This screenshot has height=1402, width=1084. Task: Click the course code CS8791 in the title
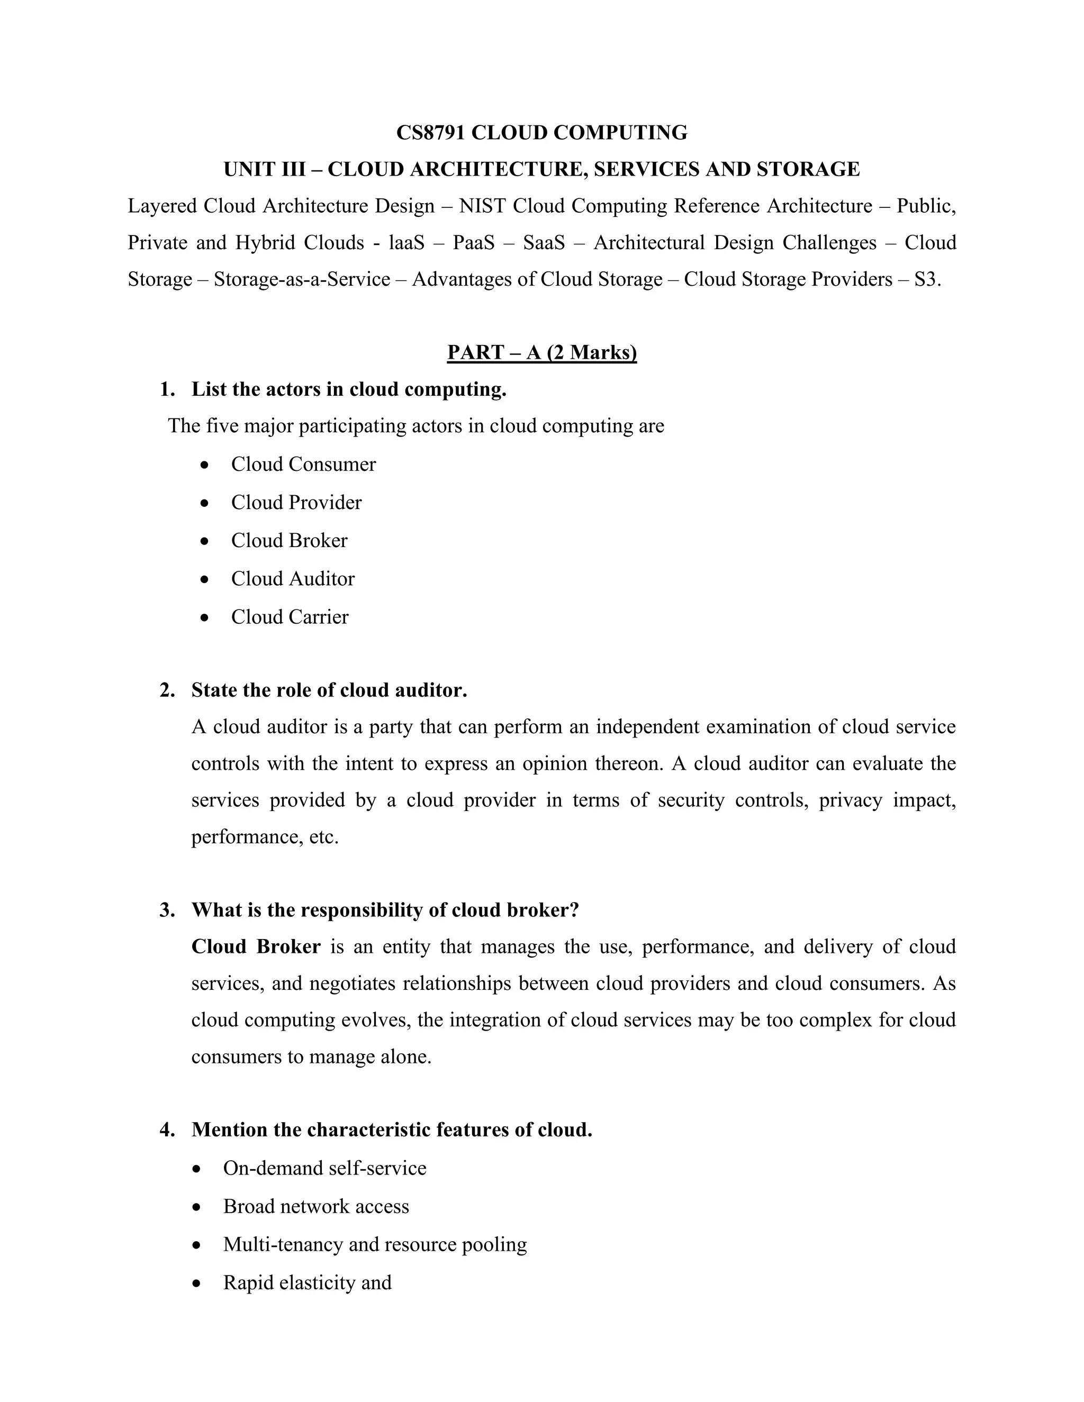coord(431,133)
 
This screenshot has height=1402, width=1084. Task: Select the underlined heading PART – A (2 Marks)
coord(541,352)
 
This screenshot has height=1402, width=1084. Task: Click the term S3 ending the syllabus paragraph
coord(926,279)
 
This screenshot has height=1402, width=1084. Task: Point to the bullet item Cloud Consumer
coord(303,464)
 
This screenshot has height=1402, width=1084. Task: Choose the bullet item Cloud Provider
coord(296,502)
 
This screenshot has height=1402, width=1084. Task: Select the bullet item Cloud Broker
coord(289,541)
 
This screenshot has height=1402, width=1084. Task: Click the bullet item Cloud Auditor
coord(293,578)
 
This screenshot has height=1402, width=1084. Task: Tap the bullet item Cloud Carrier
coord(290,617)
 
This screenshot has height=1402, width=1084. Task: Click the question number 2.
coord(166,690)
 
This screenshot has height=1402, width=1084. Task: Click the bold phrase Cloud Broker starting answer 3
coord(256,947)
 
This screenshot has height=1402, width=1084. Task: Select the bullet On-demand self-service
coord(324,1168)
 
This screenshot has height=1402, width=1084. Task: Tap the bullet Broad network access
coord(316,1206)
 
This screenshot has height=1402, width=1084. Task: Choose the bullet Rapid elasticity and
coord(307,1282)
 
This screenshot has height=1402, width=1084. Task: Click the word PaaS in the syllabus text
coord(473,243)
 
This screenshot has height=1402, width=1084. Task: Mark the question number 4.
coord(166,1130)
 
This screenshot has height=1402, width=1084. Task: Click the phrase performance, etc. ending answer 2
coord(265,837)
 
